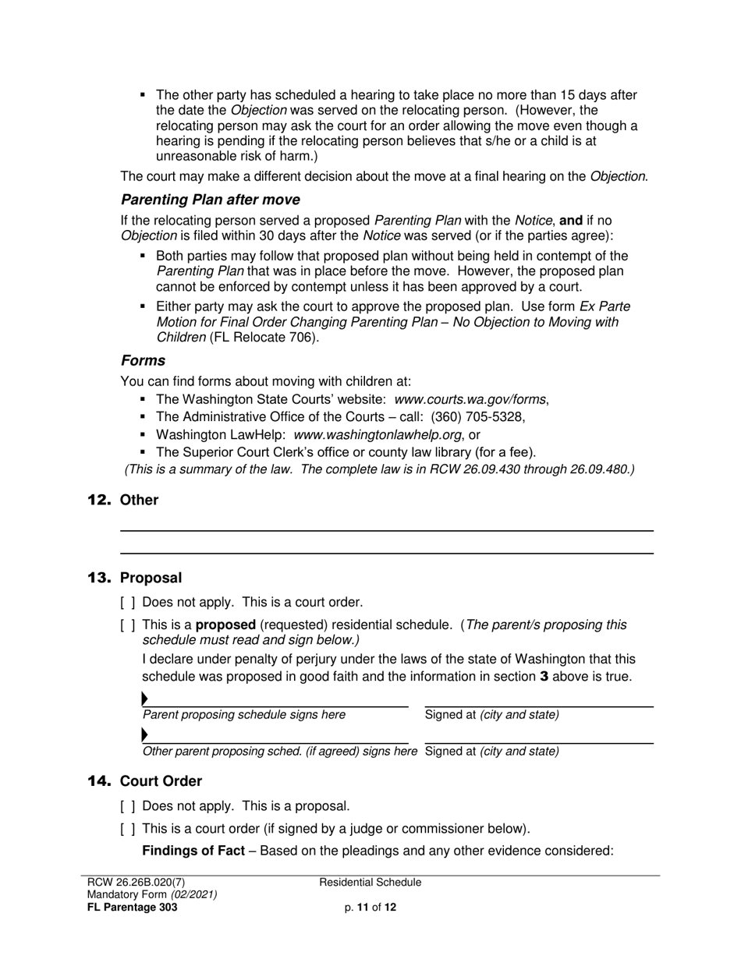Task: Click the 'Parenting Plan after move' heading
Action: (x=210, y=200)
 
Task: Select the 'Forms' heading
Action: (x=143, y=360)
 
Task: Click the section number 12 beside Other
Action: (x=100, y=500)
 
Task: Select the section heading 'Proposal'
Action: (x=151, y=578)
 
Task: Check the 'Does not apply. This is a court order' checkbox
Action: (x=128, y=603)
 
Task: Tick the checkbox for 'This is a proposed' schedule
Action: (x=128, y=625)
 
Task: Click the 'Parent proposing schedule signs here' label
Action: (x=244, y=715)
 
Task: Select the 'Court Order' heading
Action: (x=161, y=781)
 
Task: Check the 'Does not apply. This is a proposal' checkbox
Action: (x=128, y=807)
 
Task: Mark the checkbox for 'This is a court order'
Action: (x=128, y=829)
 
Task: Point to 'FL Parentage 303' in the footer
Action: (x=132, y=908)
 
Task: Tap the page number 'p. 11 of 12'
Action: (x=370, y=908)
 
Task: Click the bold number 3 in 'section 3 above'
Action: (x=544, y=677)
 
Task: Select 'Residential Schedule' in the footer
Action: (x=370, y=883)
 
